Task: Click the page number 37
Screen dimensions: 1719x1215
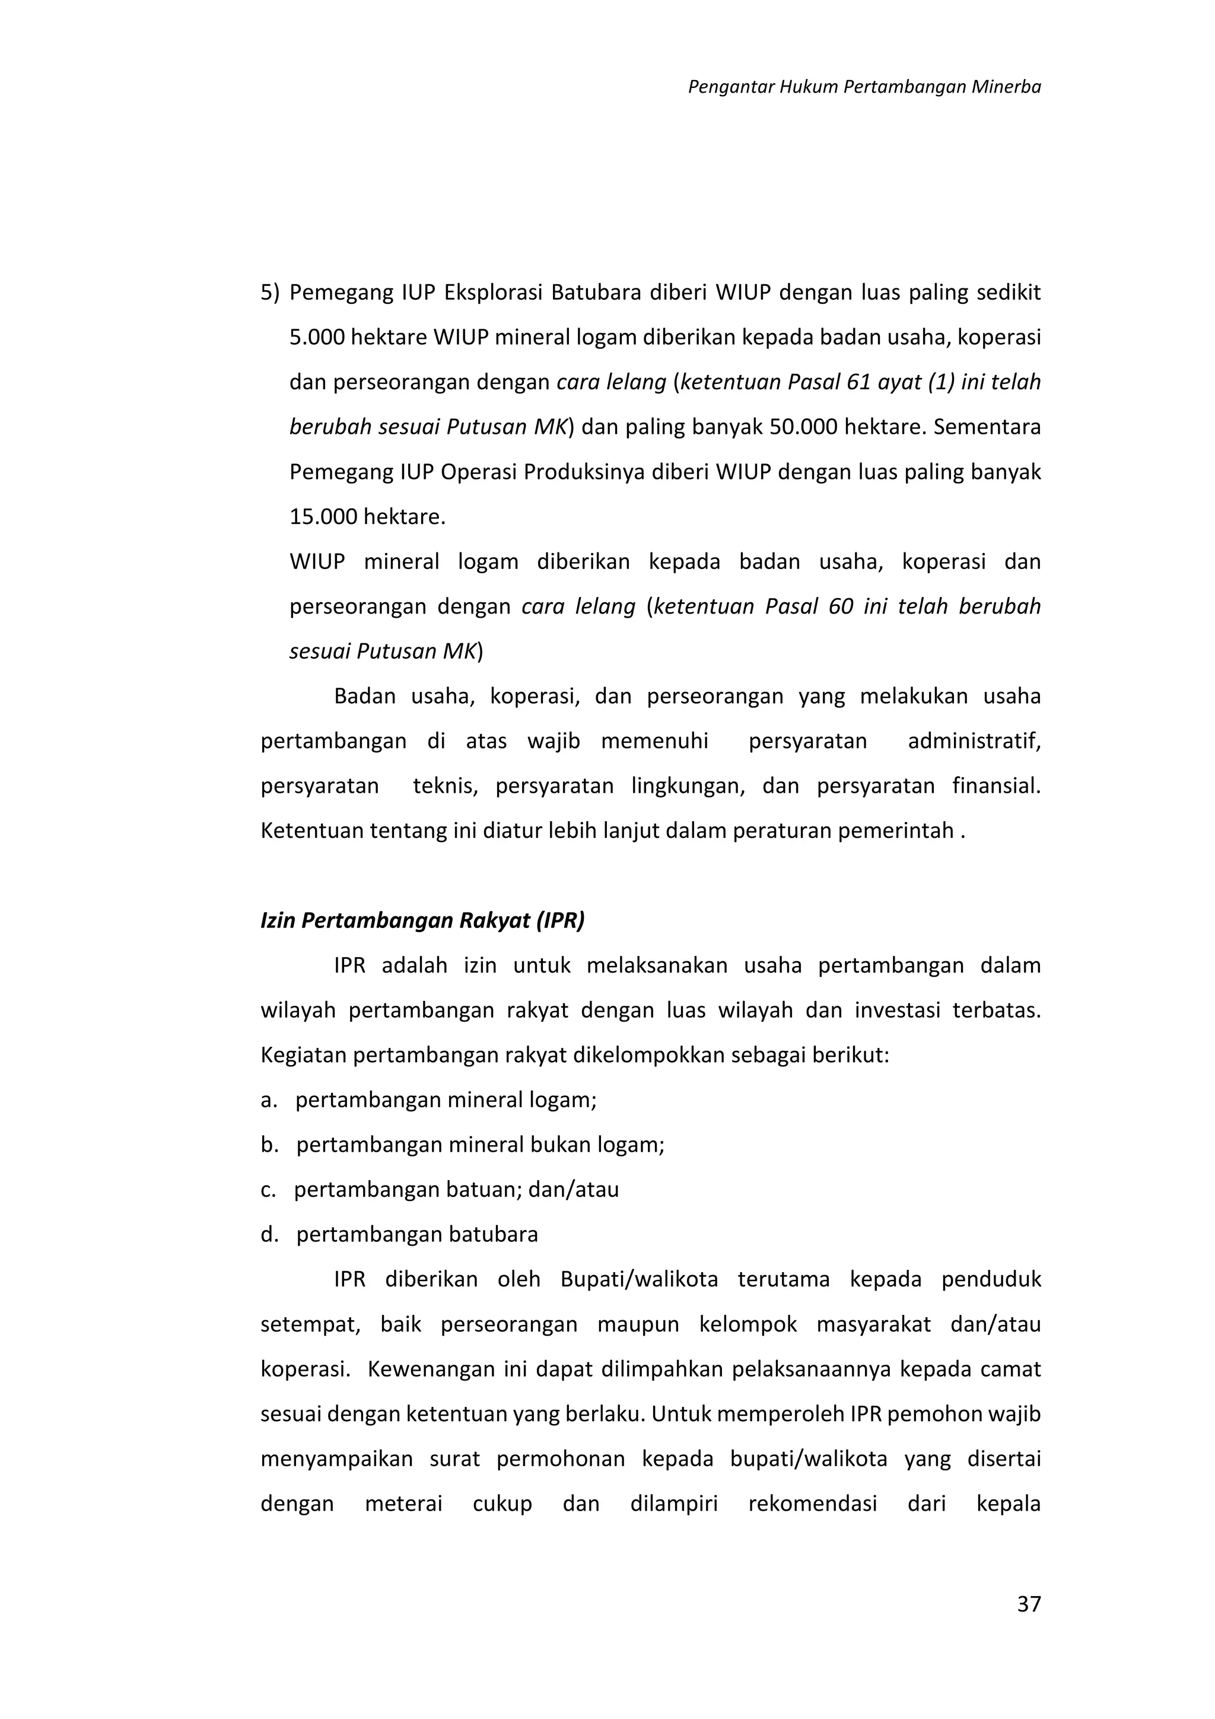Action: point(1029,1604)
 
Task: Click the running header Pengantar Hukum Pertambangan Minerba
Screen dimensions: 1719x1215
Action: point(864,87)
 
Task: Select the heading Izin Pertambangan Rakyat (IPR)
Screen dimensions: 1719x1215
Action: point(422,920)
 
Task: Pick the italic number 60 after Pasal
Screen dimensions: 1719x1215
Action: point(841,606)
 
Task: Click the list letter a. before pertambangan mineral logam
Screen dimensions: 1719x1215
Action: point(269,1100)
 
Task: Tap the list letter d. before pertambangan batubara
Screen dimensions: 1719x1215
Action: point(269,1235)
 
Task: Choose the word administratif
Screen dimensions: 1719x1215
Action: point(974,741)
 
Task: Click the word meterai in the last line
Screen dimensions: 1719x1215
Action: point(403,1504)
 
